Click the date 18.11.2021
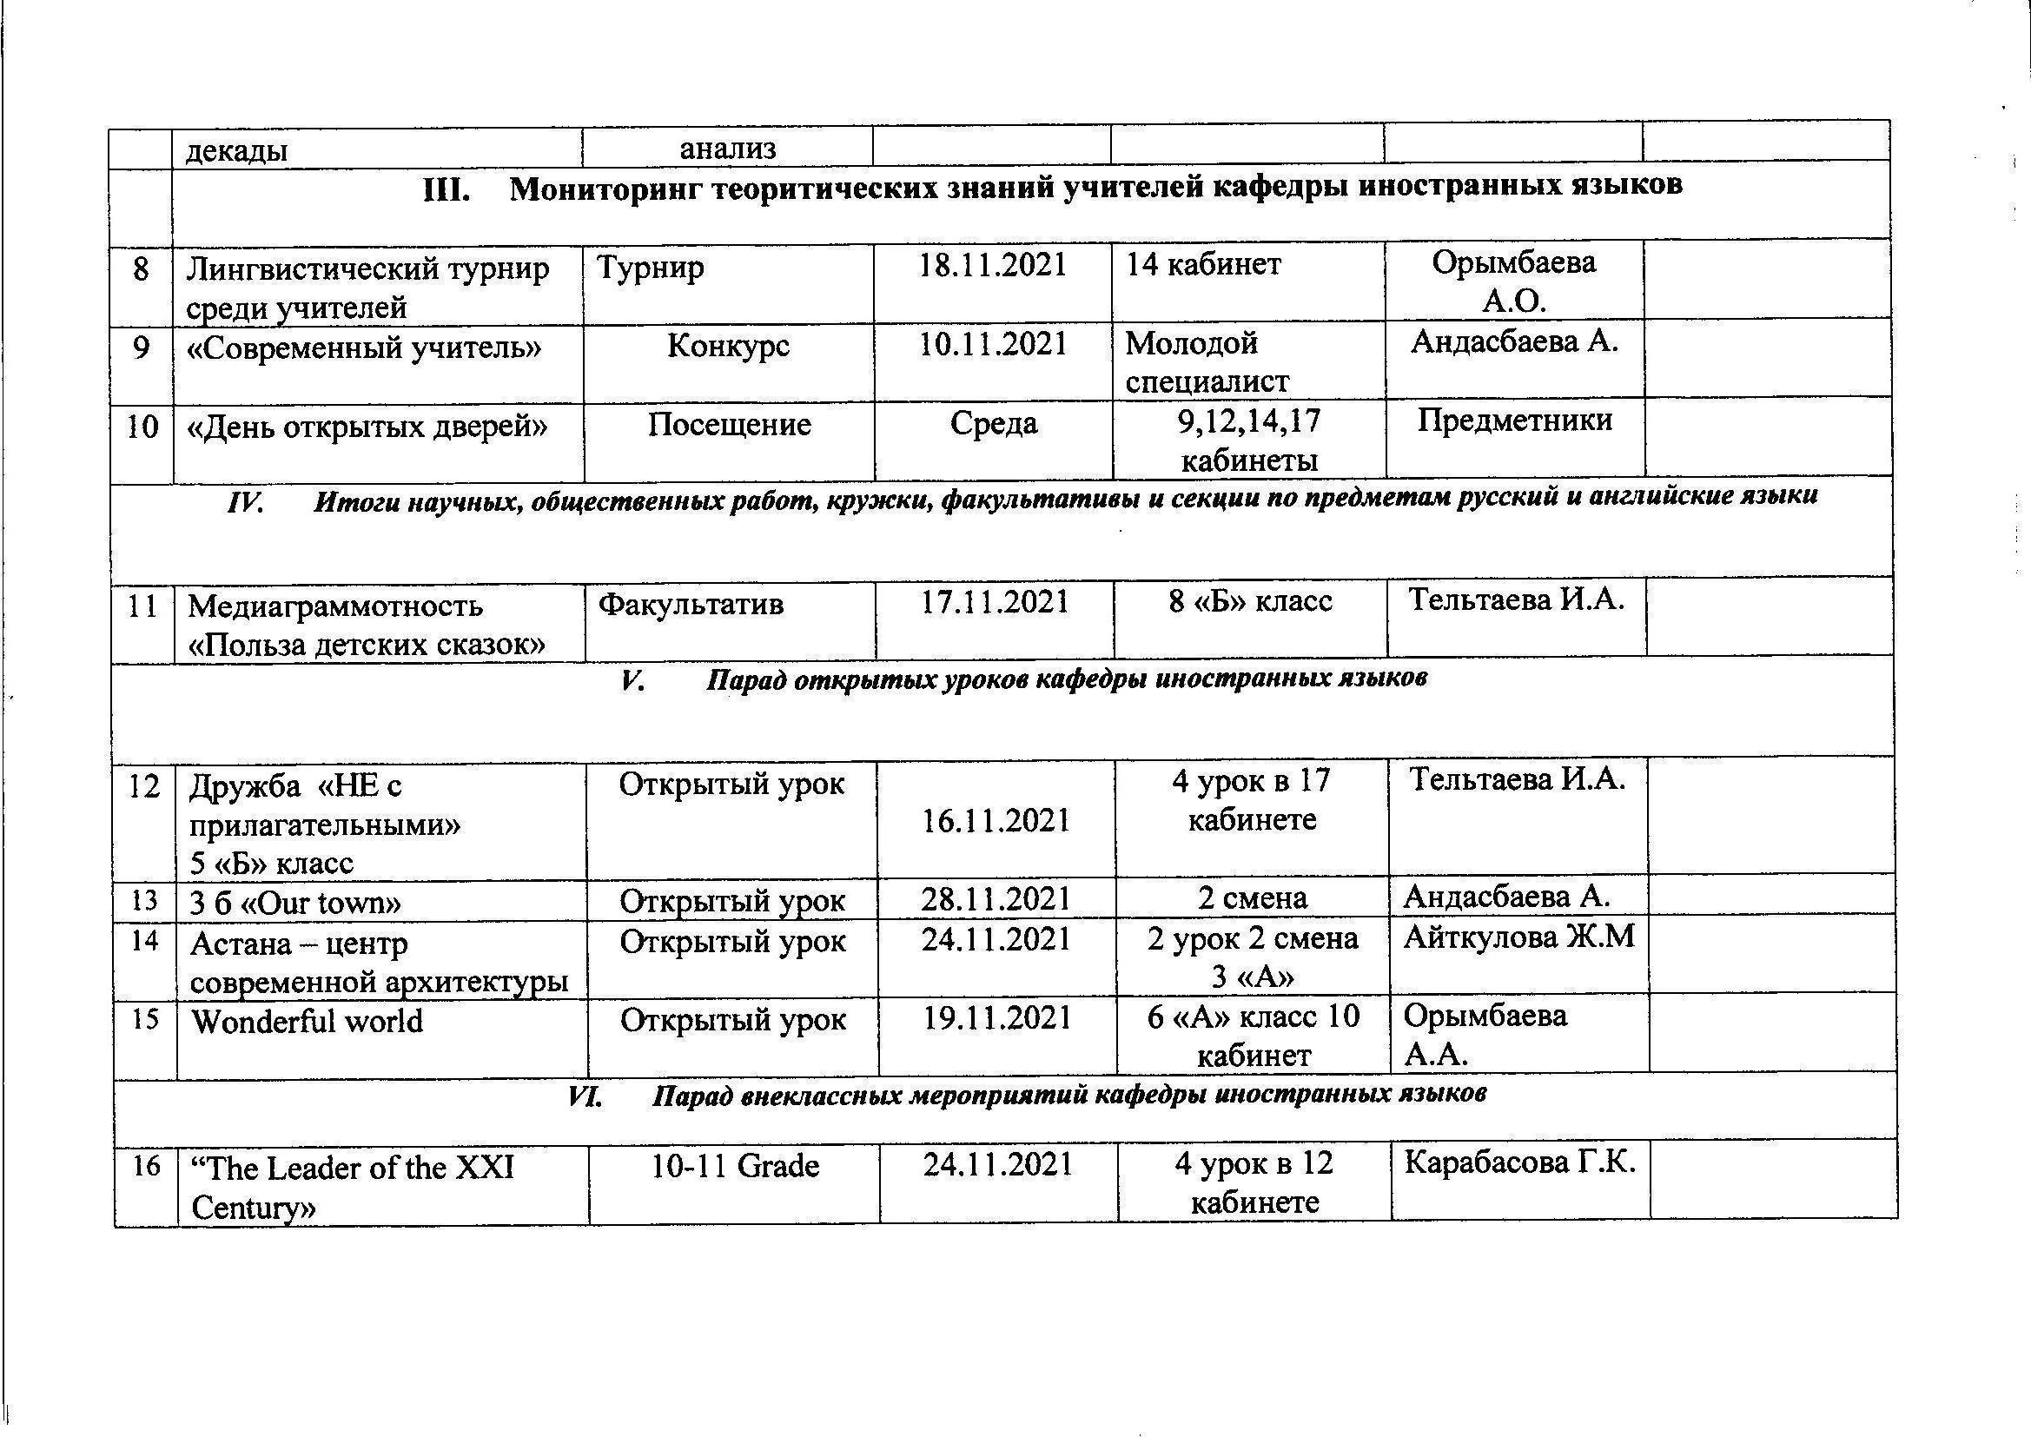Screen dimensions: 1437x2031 [x=993, y=265]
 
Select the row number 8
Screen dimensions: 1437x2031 [x=141, y=268]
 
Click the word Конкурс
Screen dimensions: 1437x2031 [x=728, y=345]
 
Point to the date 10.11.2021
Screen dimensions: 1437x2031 [x=994, y=343]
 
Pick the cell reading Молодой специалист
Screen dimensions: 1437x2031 [x=1207, y=362]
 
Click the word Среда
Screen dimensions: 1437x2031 [x=994, y=423]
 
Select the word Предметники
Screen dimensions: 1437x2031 [x=1514, y=420]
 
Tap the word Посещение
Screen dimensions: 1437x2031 [x=729, y=425]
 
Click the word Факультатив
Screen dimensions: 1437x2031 [x=691, y=605]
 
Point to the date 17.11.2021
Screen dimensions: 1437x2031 [x=996, y=603]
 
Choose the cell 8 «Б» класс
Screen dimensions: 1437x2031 [x=1250, y=602]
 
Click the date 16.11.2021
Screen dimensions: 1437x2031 [x=996, y=821]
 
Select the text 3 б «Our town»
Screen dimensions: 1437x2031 [x=295, y=903]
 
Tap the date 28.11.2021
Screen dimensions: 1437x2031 [x=996, y=900]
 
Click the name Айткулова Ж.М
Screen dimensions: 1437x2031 [x=1518, y=937]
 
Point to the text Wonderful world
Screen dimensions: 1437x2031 [x=307, y=1021]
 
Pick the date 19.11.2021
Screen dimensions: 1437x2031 [x=997, y=1018]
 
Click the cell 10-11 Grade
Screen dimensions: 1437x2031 [x=735, y=1166]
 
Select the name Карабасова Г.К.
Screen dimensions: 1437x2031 [x=1519, y=1162]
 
